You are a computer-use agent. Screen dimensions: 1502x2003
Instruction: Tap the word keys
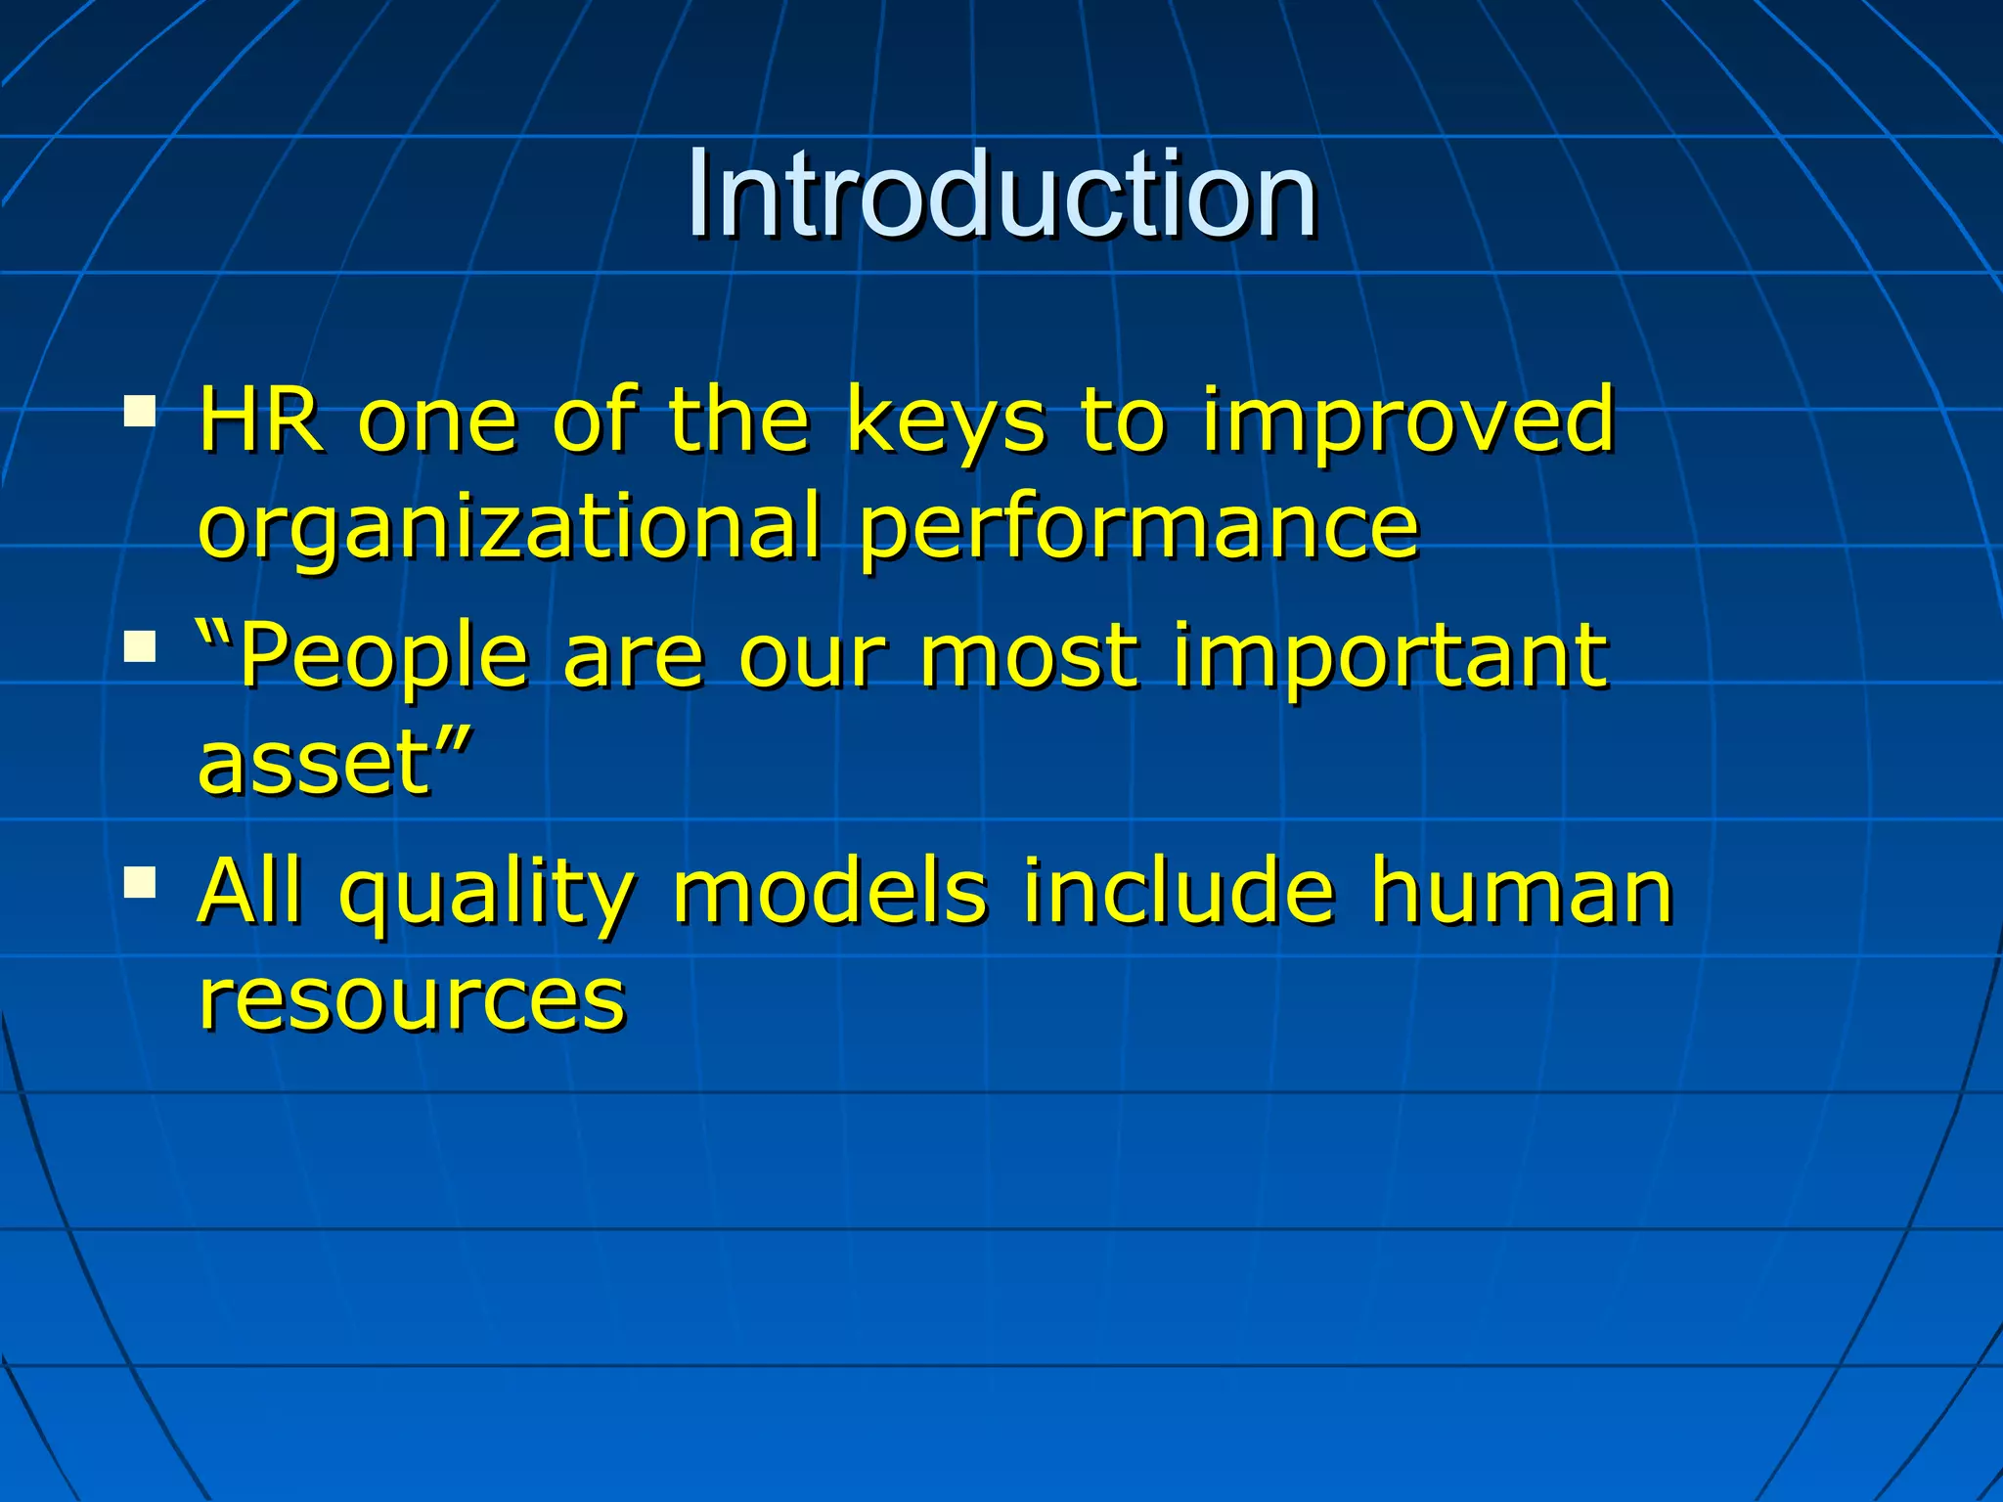(x=946, y=422)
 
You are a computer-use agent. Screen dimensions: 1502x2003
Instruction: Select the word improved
(x=1408, y=422)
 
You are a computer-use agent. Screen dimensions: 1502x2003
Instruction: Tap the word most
(x=1028, y=657)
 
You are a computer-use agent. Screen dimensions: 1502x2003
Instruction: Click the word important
(x=1390, y=657)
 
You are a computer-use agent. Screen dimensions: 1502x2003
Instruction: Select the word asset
(x=313, y=763)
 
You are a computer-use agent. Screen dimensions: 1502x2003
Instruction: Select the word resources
(x=411, y=999)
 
